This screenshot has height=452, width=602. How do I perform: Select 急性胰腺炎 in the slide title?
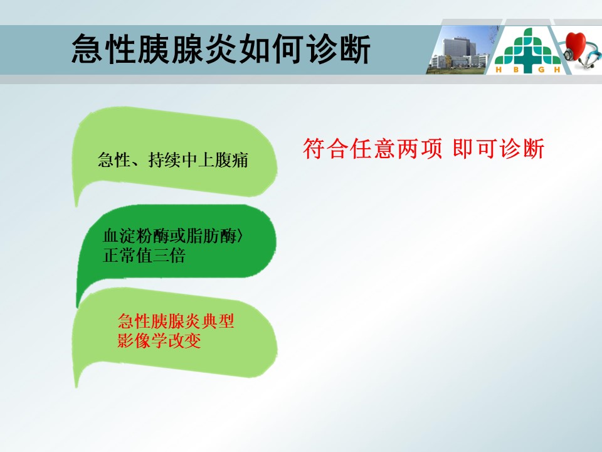pos(154,49)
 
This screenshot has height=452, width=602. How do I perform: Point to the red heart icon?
pos(575,45)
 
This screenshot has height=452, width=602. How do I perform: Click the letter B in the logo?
pos(516,70)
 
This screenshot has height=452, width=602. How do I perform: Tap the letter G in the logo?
pos(541,70)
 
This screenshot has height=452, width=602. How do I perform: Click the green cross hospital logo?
pos(527,50)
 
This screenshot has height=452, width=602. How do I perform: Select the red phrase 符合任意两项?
pos(372,149)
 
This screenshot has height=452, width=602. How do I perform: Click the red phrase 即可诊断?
pos(499,149)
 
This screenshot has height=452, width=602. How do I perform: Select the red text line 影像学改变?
pos(159,340)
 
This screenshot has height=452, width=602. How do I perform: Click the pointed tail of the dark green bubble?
pos(78,304)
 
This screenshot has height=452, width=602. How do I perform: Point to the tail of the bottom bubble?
pos(77,382)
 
